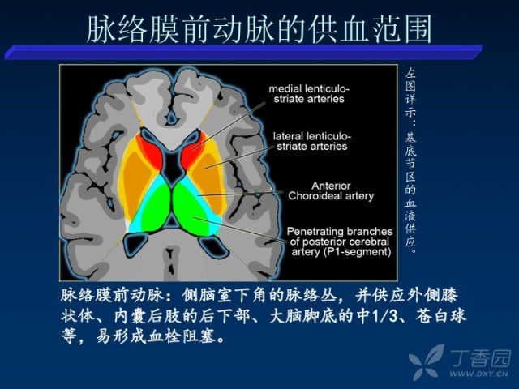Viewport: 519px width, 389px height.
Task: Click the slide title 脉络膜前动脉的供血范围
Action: (259, 29)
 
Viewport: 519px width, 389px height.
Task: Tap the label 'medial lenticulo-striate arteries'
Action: (309, 94)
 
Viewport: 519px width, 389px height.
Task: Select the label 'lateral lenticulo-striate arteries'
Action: (311, 141)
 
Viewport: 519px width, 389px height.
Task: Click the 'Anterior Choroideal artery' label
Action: (331, 191)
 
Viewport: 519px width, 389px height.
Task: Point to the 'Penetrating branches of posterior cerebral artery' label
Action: (340, 242)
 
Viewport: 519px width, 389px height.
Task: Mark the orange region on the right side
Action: (209, 178)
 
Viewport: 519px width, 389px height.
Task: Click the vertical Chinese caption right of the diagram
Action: (410, 161)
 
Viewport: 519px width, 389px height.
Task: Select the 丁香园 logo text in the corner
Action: (480, 358)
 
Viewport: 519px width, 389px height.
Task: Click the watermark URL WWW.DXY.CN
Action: (478, 374)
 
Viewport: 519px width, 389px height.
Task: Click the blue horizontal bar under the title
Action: (243, 52)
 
